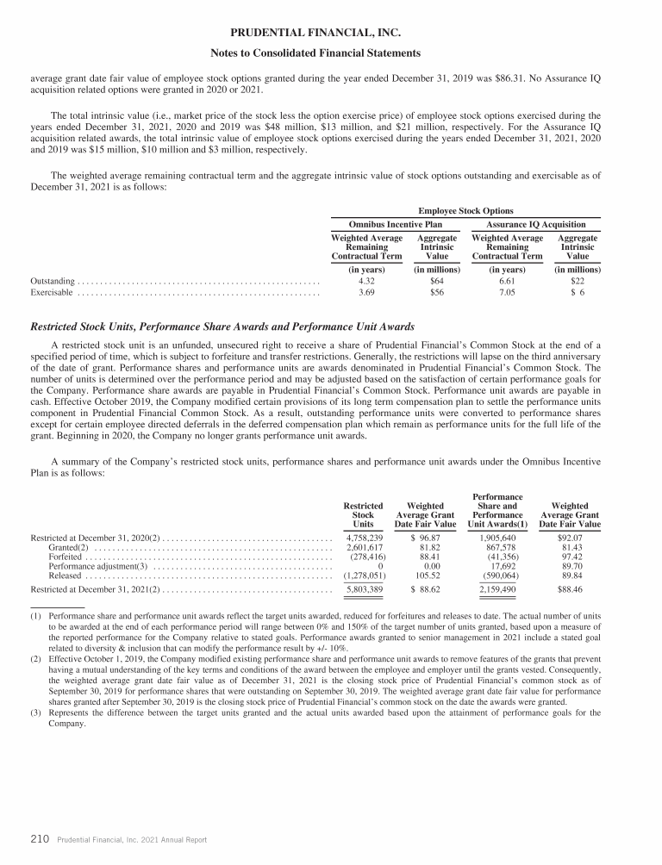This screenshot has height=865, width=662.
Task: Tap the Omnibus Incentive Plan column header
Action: tap(395, 224)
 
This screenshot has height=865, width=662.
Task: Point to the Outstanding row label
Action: tap(53, 281)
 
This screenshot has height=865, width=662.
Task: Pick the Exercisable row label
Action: tap(52, 293)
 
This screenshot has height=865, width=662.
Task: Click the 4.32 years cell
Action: tap(366, 281)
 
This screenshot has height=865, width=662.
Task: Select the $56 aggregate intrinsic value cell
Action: tap(436, 293)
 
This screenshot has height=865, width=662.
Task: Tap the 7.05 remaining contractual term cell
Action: tap(507, 293)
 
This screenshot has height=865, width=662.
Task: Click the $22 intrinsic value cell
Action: tap(578, 281)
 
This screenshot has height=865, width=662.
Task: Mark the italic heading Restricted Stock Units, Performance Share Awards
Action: tap(222, 327)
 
